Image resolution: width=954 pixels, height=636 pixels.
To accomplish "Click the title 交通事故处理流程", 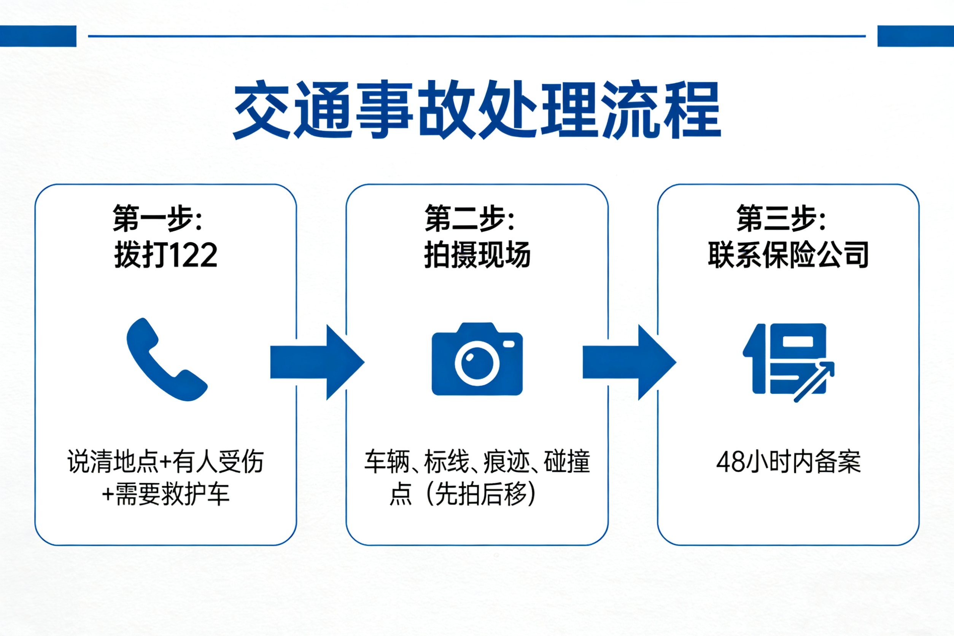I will pos(477,110).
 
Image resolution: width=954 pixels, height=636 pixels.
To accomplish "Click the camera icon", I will pos(477,359).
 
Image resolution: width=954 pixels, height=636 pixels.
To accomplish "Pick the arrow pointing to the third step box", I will pos(629,362).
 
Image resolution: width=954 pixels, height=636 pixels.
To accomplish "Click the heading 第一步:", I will pos(157,219).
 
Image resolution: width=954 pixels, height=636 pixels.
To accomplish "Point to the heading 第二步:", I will pos(470,219).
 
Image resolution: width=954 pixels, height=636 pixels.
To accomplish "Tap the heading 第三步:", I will pos(781,219).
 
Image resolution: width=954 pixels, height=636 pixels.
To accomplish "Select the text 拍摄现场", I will pos(477,255).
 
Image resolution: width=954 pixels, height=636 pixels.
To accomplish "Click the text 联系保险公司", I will pos(788,255).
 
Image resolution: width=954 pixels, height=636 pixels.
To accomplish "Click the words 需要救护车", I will pos(173,494).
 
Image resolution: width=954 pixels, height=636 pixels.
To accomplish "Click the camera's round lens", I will pos(477,363).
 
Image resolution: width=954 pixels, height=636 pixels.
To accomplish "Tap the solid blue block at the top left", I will pos(38,36).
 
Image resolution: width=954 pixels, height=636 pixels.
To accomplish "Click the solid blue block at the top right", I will pos(916,36).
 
